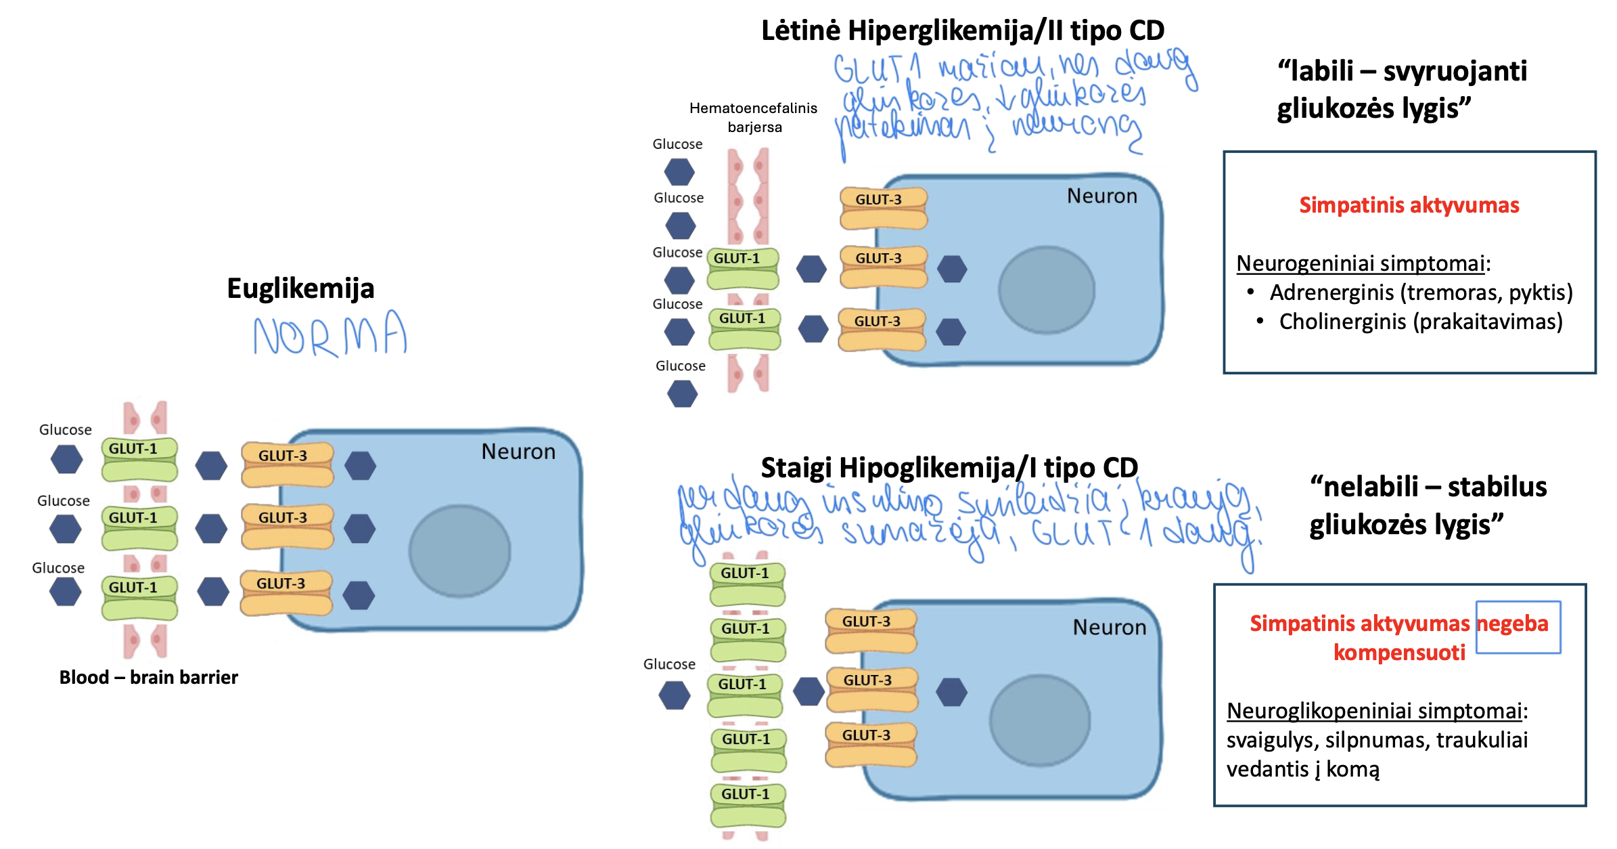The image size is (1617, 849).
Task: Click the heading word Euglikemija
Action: pyautogui.click(x=300, y=288)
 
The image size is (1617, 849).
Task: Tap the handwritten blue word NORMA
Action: pyautogui.click(x=330, y=335)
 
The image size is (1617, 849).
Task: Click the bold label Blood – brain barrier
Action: pyautogui.click(x=148, y=677)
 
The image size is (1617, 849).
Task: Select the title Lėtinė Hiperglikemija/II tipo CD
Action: pyautogui.click(x=962, y=30)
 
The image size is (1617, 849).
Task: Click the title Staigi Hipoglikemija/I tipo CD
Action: pyautogui.click(x=949, y=468)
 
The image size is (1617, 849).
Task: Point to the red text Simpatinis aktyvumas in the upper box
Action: pyautogui.click(x=1409, y=205)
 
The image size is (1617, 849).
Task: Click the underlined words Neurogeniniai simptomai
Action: pyautogui.click(x=1360, y=263)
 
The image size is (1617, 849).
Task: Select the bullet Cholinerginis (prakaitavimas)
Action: pyautogui.click(x=1420, y=322)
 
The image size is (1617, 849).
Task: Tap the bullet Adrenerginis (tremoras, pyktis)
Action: pyautogui.click(x=1420, y=292)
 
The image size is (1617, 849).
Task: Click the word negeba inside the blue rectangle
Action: pyautogui.click(x=1512, y=624)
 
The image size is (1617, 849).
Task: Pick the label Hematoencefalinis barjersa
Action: pyautogui.click(x=753, y=117)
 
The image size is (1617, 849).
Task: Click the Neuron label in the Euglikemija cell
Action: pyautogui.click(x=518, y=452)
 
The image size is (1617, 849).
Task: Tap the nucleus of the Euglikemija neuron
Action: pyautogui.click(x=459, y=551)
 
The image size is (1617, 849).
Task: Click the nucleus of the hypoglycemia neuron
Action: pyautogui.click(x=1039, y=720)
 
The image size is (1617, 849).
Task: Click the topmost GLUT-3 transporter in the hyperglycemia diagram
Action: pyautogui.click(x=883, y=208)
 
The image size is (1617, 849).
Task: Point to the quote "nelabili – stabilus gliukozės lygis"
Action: pyautogui.click(x=1428, y=505)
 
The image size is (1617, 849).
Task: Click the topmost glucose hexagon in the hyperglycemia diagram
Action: pyautogui.click(x=679, y=171)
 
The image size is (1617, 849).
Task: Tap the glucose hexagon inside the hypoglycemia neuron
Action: pyautogui.click(x=952, y=692)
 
